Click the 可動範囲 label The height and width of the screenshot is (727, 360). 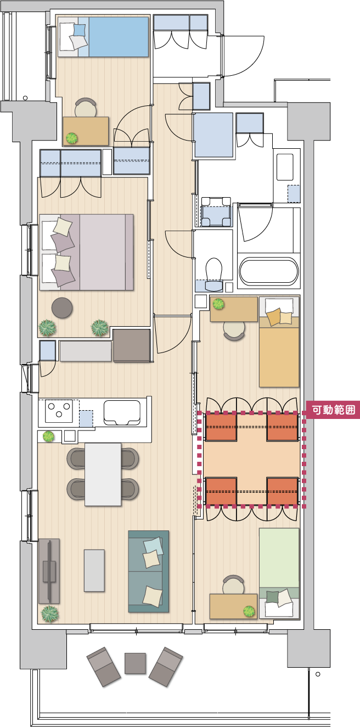coord(333,410)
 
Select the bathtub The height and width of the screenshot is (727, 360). coord(268,272)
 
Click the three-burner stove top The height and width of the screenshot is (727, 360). coord(59,410)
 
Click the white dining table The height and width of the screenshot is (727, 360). coord(103,474)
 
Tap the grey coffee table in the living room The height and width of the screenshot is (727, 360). coord(94,571)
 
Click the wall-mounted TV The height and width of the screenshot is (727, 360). coord(49,571)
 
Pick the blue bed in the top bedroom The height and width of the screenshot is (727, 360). coord(104,37)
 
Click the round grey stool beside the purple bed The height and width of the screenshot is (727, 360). coord(62,307)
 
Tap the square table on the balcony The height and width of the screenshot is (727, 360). coord(135,663)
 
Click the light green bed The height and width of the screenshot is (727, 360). coord(279,573)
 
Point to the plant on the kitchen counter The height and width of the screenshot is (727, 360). coord(48,436)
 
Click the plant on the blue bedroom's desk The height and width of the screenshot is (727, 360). coord(72,138)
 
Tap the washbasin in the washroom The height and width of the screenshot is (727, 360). coord(285,167)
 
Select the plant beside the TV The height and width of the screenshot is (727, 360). coord(50,614)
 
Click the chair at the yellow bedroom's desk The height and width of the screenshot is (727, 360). coord(234,331)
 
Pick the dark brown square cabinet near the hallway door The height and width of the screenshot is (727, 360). coord(132,345)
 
